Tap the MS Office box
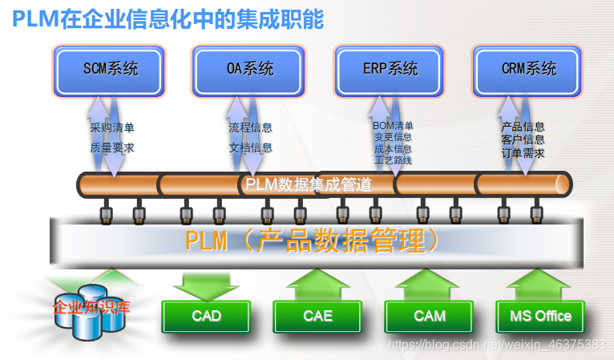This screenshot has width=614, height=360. pyautogui.click(x=540, y=316)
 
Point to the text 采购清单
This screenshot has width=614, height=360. pyautogui.click(x=111, y=127)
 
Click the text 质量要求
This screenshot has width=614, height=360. pyautogui.click(x=111, y=148)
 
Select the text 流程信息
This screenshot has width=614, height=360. pyautogui.click(x=250, y=127)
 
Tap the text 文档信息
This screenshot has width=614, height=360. pyautogui.click(x=250, y=148)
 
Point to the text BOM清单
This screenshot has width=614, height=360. pyautogui.click(x=393, y=126)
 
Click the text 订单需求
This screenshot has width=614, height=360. pyautogui.click(x=523, y=152)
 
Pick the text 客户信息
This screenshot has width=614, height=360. pyautogui.click(x=523, y=140)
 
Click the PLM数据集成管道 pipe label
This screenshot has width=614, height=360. pyautogui.click(x=308, y=185)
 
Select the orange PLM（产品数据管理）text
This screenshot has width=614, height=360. pyautogui.click(x=313, y=240)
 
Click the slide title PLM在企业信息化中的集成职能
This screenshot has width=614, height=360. pyautogui.click(x=168, y=19)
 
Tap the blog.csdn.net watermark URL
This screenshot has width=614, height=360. pyautogui.click(x=496, y=344)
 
